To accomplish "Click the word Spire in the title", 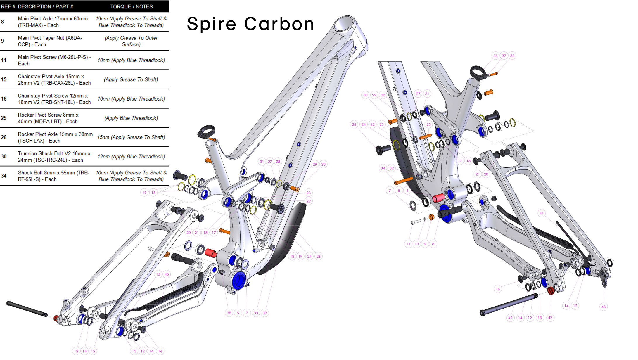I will coord(211,24).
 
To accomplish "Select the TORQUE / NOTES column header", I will coord(131,6).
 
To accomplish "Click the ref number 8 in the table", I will coord(3,22).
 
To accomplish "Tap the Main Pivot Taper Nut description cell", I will coord(50,41).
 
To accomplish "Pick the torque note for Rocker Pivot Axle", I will coord(131,137).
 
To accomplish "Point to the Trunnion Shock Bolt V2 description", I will coord(54,157).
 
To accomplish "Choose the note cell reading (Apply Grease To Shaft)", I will coord(131,79).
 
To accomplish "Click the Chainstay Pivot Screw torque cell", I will coord(131,99).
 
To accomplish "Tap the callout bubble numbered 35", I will coord(495,56).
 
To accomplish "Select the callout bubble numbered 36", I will coord(512,56).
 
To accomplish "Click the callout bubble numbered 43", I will coord(604,307).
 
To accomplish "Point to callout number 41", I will coord(542,213).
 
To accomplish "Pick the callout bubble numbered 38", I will coord(229,313).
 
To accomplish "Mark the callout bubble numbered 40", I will coord(167,274).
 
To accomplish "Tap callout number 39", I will coord(264,313).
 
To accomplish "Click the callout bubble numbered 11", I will coord(408,244).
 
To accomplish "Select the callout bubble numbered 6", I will coord(407,191).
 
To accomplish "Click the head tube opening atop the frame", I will coord(344,23).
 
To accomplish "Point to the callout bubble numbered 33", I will coord(256,313).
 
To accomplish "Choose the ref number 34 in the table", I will coord(4,176).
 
